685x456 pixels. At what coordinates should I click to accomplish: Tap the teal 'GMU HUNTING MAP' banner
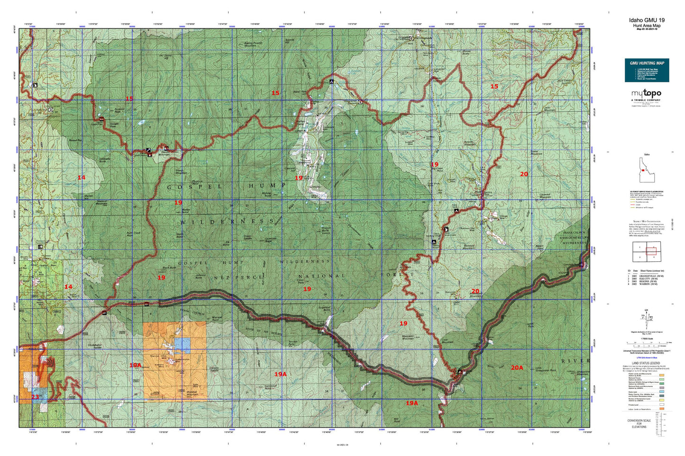pos(647,63)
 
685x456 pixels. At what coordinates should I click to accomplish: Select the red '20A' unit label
pos(517,367)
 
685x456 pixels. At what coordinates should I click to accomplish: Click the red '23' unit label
pos(35,397)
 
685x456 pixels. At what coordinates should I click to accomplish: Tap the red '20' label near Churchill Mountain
pos(524,174)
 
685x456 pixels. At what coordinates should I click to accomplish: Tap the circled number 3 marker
pos(51,109)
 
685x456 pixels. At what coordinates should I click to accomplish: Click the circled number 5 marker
pos(360,102)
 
